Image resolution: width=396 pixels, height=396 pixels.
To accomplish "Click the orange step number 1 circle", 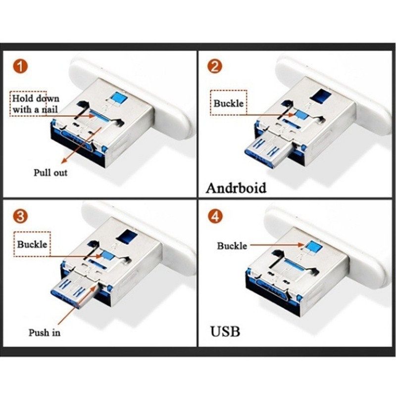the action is coord(20,66).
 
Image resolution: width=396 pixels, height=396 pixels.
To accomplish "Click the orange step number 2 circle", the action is coord(214,66).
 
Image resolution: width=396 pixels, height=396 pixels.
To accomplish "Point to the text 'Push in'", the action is coord(44,332).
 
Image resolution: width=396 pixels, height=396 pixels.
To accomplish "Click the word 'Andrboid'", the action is coord(236,188).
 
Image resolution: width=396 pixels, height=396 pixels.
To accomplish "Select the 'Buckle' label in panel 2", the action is coord(228,104).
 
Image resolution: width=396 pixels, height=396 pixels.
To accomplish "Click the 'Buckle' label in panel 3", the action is coord(32,244).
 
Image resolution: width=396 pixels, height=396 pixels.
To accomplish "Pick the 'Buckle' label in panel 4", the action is coord(231,246).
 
